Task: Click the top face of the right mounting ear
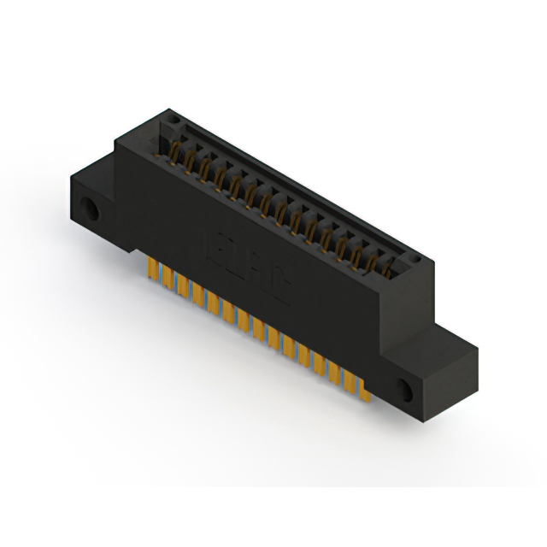click(444, 340)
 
